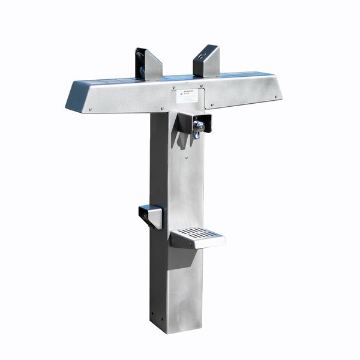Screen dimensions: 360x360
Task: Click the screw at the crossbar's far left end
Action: tap(89, 109)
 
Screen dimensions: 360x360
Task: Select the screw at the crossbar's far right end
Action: tap(276, 95)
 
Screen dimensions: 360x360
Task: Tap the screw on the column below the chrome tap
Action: tap(186, 158)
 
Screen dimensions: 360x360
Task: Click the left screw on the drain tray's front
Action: tap(173, 242)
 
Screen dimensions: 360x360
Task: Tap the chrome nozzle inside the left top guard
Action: tap(142, 64)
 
